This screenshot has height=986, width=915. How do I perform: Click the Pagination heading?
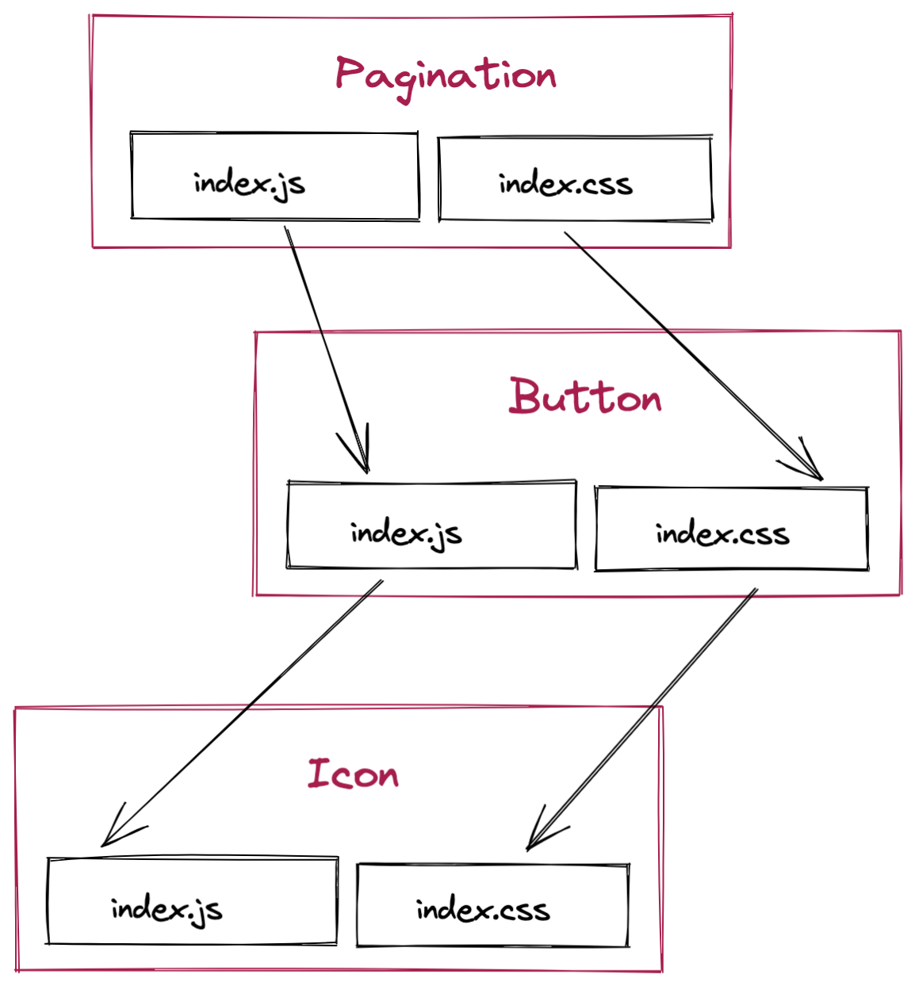click(446, 76)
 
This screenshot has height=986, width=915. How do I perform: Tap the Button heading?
click(585, 396)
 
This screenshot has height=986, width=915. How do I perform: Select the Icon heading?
click(353, 774)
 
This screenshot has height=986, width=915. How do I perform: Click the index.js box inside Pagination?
click(274, 177)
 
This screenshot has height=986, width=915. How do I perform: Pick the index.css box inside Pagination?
click(575, 179)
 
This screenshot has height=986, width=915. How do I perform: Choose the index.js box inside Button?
click(431, 525)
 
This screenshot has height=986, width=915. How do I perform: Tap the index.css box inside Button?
click(731, 529)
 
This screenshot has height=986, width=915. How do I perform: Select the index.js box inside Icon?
click(192, 901)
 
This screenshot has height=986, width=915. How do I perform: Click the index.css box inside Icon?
click(492, 905)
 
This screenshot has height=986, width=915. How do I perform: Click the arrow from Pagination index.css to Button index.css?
click(690, 352)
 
